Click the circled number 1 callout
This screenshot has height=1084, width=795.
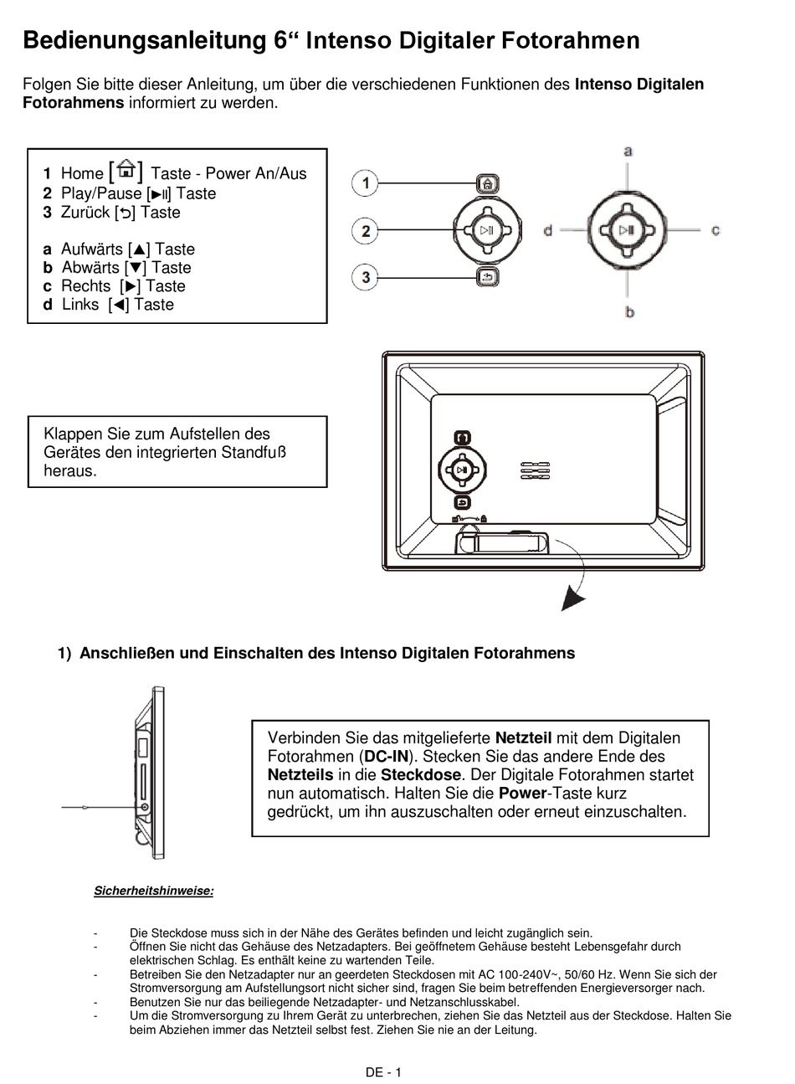[x=365, y=183]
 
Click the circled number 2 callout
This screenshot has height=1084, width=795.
[x=365, y=230]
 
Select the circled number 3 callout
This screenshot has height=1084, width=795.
[x=365, y=276]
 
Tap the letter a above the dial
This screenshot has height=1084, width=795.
[x=628, y=152]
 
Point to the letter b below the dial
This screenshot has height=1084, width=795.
[x=629, y=311]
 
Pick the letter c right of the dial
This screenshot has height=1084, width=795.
[x=715, y=229]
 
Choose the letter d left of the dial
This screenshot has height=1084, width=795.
[x=548, y=229]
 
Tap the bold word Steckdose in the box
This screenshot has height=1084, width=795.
[x=420, y=775]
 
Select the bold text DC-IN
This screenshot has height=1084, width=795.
[x=384, y=757]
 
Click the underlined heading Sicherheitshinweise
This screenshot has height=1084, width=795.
[x=153, y=891]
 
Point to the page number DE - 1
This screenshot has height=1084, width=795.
[x=383, y=1072]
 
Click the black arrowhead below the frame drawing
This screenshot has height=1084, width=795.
[x=572, y=598]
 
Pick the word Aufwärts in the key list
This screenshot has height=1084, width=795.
[x=92, y=249]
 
